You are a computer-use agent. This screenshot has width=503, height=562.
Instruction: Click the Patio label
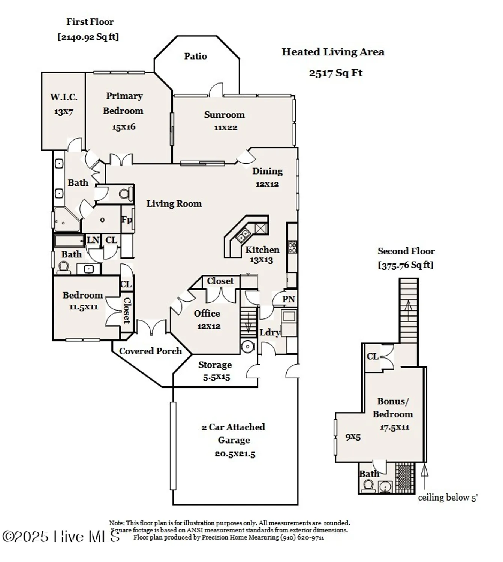click(x=195, y=56)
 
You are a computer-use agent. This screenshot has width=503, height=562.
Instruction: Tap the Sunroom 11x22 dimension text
click(x=226, y=127)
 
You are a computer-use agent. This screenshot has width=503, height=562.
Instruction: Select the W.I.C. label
click(x=64, y=97)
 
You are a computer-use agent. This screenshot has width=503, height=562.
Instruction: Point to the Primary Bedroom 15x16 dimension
click(x=124, y=127)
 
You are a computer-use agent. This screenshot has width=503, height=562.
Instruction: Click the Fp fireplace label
click(x=127, y=220)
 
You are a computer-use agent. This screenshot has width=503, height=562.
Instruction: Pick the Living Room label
click(x=174, y=204)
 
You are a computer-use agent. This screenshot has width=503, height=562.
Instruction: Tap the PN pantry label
click(x=289, y=299)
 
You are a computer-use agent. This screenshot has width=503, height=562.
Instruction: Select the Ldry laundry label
click(x=269, y=332)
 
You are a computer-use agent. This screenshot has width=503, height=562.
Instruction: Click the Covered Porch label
click(x=150, y=351)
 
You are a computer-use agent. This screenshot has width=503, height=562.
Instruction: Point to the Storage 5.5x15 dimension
click(x=216, y=377)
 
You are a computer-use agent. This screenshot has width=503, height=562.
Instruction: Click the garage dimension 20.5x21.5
click(x=235, y=454)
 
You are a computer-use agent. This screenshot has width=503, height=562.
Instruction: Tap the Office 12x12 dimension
click(x=209, y=326)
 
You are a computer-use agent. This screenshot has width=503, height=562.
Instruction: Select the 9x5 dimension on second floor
click(x=353, y=437)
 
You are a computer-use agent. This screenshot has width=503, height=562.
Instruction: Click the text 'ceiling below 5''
click(x=448, y=498)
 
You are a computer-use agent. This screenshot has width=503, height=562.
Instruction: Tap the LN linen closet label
click(x=93, y=240)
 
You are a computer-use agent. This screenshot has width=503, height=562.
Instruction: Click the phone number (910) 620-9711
click(x=302, y=537)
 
